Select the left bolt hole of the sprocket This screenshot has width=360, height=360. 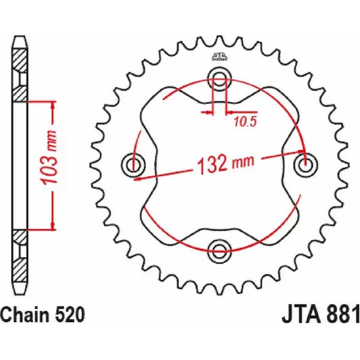(133, 163)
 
